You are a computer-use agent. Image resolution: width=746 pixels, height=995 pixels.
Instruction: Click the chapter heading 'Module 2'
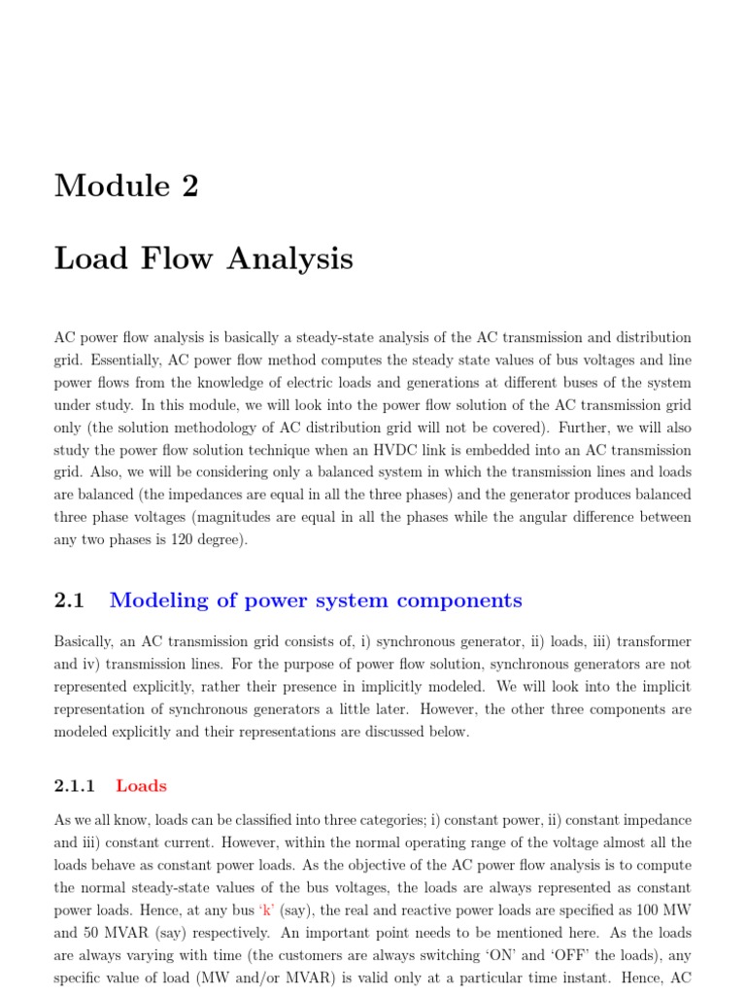click(x=126, y=185)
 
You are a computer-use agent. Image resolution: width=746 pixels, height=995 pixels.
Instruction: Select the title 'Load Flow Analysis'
click(x=204, y=259)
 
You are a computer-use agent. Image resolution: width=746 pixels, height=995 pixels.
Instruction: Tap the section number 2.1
click(x=70, y=600)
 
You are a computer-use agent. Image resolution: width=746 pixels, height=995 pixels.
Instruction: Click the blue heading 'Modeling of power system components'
click(x=316, y=600)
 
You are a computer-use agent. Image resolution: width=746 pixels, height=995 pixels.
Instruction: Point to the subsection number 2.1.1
click(x=75, y=786)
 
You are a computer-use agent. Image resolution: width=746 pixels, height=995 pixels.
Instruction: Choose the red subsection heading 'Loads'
click(x=141, y=786)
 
